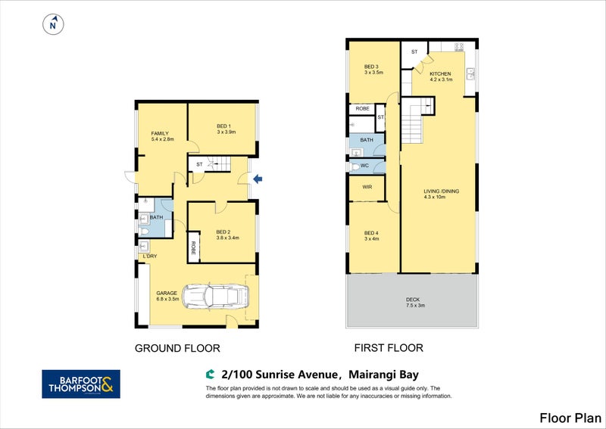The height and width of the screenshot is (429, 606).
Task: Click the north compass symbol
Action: tap(53, 25)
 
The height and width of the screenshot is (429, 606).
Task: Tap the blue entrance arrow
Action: tap(258, 179)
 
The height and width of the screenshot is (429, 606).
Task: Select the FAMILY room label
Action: tap(159, 133)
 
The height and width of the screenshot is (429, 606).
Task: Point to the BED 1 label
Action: tap(224, 126)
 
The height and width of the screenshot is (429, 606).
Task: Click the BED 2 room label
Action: tap(224, 232)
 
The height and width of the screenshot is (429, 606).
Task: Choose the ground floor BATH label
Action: tap(156, 217)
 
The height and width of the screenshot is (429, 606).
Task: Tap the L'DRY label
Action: tap(149, 256)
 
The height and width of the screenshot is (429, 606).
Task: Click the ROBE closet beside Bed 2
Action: tap(193, 247)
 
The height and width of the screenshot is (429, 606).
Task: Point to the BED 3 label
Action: tap(370, 67)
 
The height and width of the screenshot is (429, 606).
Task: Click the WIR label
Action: tap(367, 187)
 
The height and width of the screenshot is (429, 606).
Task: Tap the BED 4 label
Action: tap(370, 232)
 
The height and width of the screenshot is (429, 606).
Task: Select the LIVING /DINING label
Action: tap(441, 191)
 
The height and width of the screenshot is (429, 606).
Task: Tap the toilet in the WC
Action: tap(357, 166)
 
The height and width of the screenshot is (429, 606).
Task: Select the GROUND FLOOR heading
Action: tap(177, 349)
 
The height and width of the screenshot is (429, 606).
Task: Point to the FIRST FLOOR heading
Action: tap(389, 348)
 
